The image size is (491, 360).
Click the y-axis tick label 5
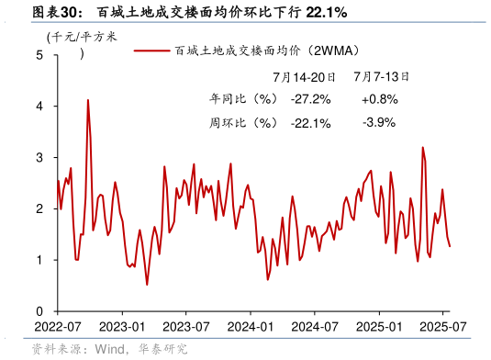tap(39, 55)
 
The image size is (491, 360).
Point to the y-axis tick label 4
tap(39, 107)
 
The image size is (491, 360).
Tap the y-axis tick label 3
tap(39, 158)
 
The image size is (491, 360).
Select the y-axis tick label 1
tap(39, 261)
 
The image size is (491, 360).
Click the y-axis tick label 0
tap(39, 312)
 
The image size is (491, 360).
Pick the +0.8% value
tap(378, 99)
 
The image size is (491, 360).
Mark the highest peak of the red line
tap(88, 100)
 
